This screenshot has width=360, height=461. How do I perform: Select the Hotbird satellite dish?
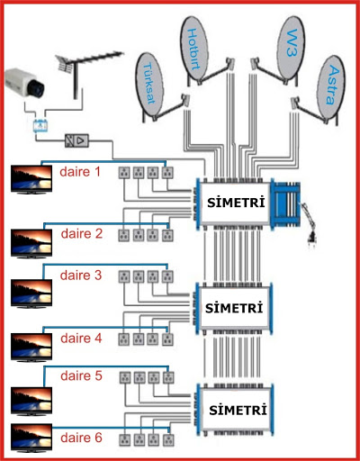point(194,49)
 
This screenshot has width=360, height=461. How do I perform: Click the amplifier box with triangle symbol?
point(76,140)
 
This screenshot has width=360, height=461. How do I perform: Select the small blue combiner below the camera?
point(40,126)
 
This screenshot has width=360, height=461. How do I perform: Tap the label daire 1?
point(80,172)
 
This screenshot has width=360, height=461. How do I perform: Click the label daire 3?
point(81,276)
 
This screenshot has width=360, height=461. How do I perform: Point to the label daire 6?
point(81,438)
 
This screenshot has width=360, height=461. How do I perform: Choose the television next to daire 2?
point(31,243)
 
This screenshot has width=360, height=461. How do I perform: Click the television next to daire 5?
point(31,402)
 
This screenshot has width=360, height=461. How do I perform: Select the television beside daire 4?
point(31,348)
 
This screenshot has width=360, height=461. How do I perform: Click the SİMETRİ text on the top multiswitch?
point(236,202)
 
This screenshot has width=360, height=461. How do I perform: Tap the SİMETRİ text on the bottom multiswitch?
point(238,410)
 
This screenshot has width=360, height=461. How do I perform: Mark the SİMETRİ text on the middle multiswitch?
point(234,308)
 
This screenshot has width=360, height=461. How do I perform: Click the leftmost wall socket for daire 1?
point(124,173)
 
